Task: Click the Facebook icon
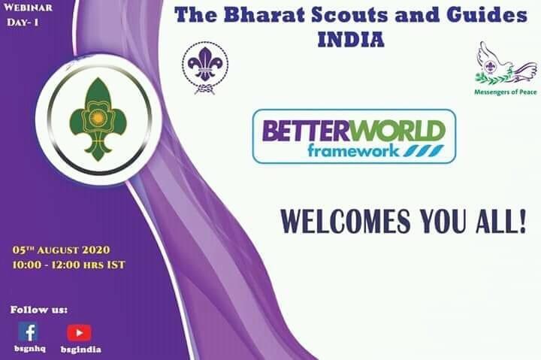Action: (28, 331)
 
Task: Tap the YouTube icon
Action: (79, 332)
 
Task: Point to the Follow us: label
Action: (39, 309)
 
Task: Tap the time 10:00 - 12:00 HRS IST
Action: (68, 265)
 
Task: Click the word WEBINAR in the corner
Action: (29, 9)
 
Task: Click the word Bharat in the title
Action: (259, 15)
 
